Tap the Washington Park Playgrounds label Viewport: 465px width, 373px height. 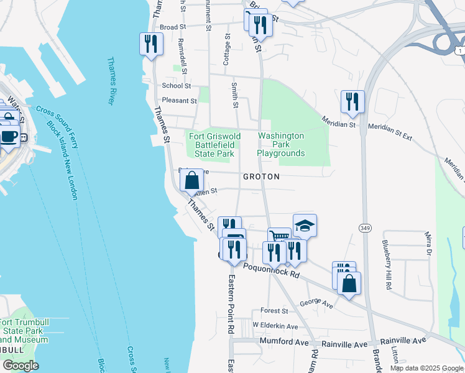pyautogui.click(x=281, y=144)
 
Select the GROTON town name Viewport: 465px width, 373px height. pyautogui.click(x=261, y=177)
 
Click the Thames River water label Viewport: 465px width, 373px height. pyautogui.click(x=113, y=81)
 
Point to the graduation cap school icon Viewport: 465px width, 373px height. pyautogui.click(x=305, y=226)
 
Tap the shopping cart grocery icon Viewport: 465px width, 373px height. pyautogui.click(x=279, y=236)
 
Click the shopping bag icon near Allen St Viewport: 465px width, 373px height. pyautogui.click(x=193, y=181)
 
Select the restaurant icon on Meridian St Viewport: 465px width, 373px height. pyautogui.click(x=352, y=102)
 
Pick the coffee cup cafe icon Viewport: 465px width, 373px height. pyautogui.click(x=8, y=136)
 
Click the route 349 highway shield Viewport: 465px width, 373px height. pyautogui.click(x=364, y=228)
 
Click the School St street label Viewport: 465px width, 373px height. pyautogui.click(x=176, y=86)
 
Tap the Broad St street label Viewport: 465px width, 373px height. pyautogui.click(x=173, y=27)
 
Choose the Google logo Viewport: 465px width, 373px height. pyautogui.click(x=21, y=366)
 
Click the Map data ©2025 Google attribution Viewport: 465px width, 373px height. pyautogui.click(x=426, y=368)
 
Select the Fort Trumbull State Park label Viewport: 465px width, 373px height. pyautogui.click(x=24, y=331)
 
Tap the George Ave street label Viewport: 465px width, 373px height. pyautogui.click(x=316, y=305)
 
